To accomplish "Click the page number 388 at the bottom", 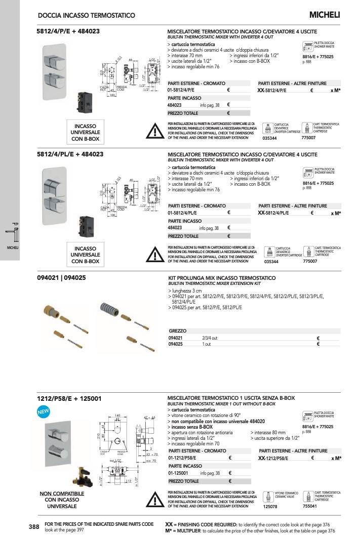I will point(34,527).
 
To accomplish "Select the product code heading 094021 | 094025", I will point(61,278).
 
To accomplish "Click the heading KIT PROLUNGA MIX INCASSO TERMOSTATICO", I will point(221,278).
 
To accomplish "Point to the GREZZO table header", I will point(177,330).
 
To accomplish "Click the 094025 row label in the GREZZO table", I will point(175,344).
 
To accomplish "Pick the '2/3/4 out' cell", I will point(210,338).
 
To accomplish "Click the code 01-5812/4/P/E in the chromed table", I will point(184,90).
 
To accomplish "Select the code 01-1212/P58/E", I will point(186,458).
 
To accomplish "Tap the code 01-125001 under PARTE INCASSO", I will point(180,473).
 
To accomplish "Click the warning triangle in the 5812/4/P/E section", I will point(153,131).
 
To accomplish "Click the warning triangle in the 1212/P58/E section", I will point(153,499).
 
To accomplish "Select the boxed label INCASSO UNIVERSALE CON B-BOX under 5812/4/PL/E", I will point(86,255).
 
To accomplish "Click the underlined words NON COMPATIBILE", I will point(62,493).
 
